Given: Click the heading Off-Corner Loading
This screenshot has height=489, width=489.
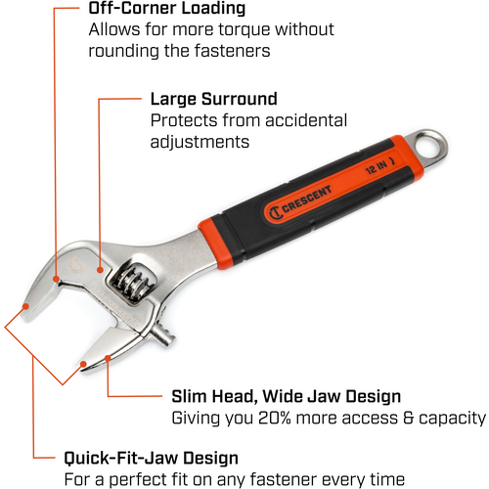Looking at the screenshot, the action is click(x=167, y=9).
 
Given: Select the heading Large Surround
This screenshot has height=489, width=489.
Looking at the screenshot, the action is click(x=214, y=99).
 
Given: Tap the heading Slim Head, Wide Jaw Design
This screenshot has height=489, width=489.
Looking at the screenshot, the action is click(x=287, y=397).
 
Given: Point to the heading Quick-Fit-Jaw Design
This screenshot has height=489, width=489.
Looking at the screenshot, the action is click(x=152, y=459).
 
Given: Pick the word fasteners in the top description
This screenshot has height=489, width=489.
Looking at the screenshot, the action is click(x=232, y=51).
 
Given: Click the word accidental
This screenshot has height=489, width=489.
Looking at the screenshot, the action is click(x=306, y=120).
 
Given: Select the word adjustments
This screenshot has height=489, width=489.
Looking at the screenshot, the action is click(x=200, y=143).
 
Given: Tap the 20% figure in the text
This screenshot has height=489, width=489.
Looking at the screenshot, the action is click(x=275, y=418).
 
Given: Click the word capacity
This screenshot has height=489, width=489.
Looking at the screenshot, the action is click(x=452, y=419).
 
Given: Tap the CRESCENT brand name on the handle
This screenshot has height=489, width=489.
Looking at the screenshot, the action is click(x=306, y=199).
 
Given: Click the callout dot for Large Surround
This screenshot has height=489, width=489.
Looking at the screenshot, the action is click(x=101, y=270).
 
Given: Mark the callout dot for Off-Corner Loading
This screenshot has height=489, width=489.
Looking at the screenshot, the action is click(x=56, y=279).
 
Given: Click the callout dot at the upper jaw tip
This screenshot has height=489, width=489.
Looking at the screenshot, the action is click(x=25, y=306).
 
